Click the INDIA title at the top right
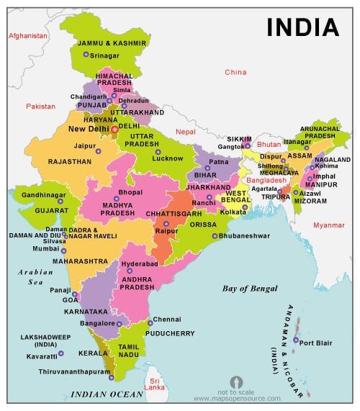302,27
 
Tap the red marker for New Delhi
114,130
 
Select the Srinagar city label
105,55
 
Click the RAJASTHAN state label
70,162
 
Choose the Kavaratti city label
37,356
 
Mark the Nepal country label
185,132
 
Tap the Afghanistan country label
27,35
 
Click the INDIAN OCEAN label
107,395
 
